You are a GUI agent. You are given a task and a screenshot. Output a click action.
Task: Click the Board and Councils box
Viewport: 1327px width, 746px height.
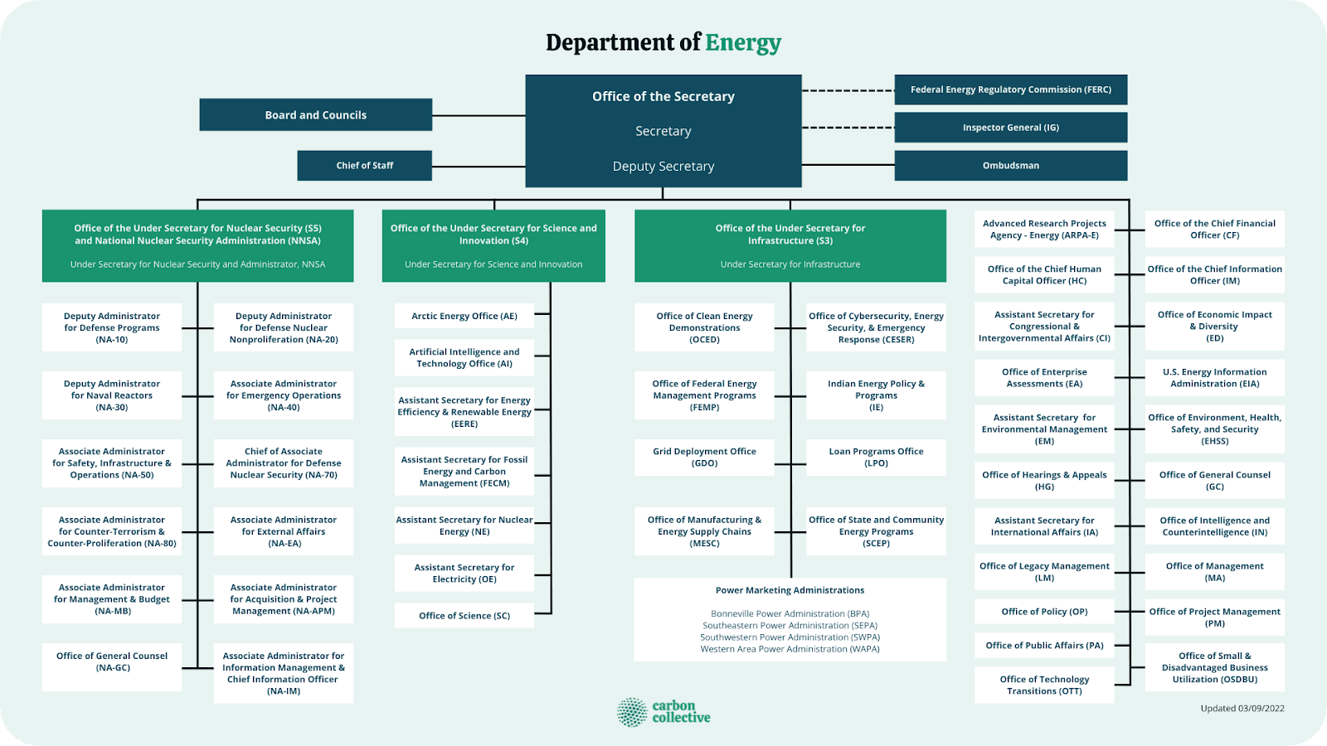click(315, 115)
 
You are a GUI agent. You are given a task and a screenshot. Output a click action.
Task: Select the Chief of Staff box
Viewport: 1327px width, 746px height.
click(364, 166)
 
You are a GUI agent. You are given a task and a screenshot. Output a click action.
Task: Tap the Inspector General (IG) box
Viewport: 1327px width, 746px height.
click(1010, 128)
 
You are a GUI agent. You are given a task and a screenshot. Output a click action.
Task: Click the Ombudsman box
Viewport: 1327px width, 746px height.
click(1010, 166)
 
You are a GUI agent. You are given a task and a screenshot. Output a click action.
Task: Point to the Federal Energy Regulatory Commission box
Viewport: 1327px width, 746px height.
click(1010, 90)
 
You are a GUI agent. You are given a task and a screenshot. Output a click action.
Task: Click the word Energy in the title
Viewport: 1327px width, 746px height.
click(743, 42)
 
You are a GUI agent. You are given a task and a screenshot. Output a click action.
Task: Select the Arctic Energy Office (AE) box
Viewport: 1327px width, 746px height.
click(464, 316)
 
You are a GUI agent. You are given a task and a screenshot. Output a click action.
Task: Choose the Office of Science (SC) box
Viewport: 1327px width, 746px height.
click(464, 616)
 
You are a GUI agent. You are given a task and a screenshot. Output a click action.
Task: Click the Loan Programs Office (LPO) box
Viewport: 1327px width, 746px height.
click(876, 457)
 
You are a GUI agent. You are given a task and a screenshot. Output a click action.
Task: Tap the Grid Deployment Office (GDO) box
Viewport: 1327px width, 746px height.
click(704, 457)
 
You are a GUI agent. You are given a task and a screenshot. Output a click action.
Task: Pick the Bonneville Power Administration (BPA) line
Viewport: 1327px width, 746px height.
click(790, 614)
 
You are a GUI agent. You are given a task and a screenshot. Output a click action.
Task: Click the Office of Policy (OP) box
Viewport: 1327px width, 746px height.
click(1044, 612)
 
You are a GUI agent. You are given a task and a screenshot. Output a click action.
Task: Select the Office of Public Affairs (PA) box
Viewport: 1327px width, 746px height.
click(1044, 646)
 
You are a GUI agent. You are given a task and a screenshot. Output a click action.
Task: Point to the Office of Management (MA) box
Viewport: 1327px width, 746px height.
click(1214, 571)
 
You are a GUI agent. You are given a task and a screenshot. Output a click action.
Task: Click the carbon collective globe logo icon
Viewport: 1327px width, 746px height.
click(632, 712)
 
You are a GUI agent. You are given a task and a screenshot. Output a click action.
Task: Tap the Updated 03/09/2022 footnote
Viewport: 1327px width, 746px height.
click(1242, 709)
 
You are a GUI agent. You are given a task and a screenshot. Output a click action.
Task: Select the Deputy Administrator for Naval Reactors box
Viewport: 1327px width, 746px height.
click(112, 395)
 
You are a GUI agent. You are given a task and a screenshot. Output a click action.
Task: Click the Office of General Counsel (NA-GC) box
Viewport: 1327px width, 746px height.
click(112, 661)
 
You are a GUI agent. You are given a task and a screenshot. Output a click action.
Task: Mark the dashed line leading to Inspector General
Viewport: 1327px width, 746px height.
click(848, 128)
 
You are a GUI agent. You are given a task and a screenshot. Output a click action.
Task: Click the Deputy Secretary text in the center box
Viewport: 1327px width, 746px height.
click(663, 167)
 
